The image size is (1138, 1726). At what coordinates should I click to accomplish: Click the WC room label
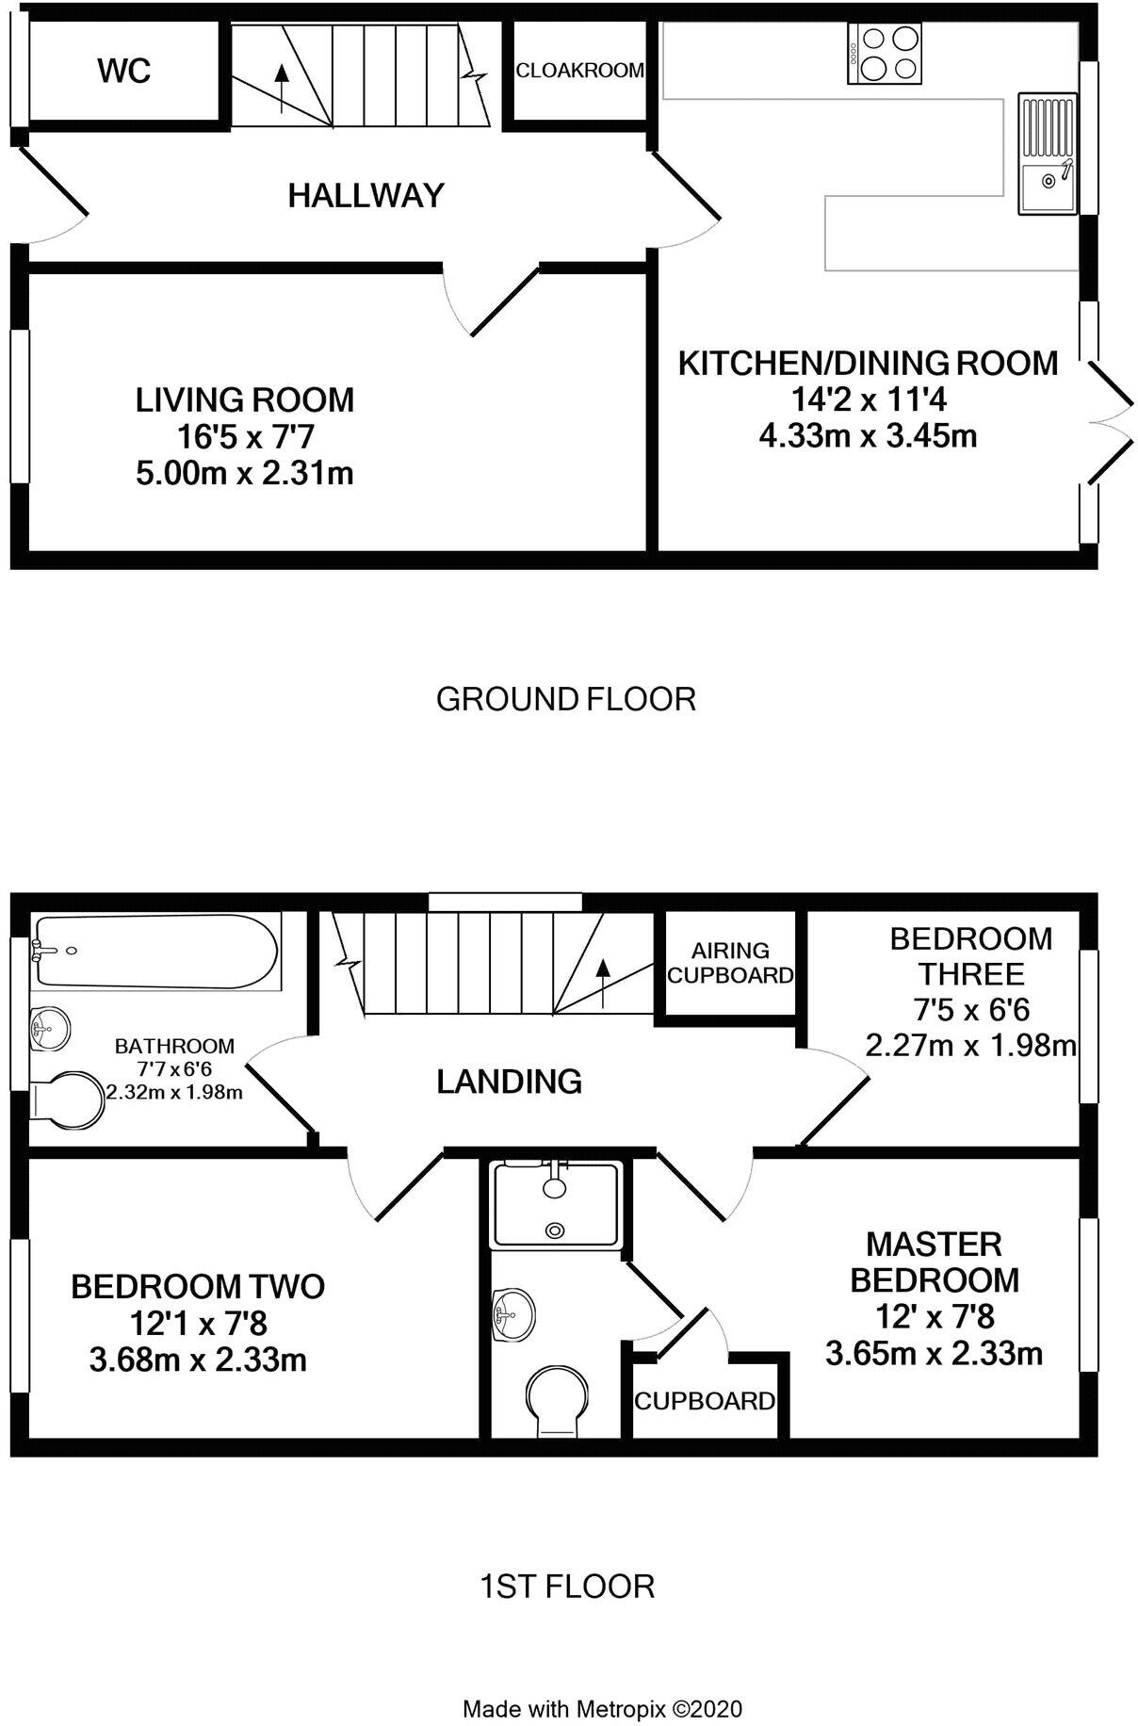[x=124, y=71]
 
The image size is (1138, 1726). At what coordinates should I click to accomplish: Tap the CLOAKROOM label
[x=580, y=70]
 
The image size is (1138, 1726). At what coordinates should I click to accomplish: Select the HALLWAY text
[x=366, y=195]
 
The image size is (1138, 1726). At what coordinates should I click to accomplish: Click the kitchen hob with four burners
[x=886, y=54]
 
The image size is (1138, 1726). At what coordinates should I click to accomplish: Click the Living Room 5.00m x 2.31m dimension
[x=245, y=472]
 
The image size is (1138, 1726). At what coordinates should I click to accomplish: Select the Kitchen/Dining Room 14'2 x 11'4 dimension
[x=868, y=400]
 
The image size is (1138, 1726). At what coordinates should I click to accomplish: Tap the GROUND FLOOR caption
[x=566, y=699]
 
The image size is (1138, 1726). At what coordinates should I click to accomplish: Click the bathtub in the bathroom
[x=155, y=952]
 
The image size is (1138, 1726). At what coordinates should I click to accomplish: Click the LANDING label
[x=509, y=1081]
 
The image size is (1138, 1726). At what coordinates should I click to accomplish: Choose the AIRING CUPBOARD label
[x=730, y=963]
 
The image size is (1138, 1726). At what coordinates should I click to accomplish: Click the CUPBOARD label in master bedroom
[x=705, y=1401]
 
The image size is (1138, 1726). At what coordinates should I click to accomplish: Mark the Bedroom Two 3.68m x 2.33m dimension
[x=198, y=1360]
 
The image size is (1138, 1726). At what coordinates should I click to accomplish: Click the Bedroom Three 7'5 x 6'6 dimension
[x=971, y=1010]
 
